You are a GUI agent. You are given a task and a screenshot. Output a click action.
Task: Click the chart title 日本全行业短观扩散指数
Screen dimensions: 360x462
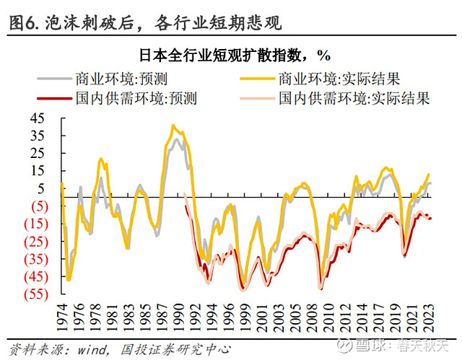click(x=229, y=55)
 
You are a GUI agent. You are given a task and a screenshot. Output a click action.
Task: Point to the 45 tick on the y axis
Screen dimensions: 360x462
click(x=38, y=118)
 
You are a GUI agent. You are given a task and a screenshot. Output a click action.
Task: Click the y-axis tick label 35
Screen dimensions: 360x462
click(x=38, y=136)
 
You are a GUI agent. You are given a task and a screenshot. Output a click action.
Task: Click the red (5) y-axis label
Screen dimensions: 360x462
click(x=40, y=206)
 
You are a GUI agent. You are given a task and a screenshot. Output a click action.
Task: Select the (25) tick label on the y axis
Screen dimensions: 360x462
click(x=38, y=241)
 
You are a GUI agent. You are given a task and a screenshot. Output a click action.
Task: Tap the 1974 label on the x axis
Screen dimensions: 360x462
click(x=62, y=315)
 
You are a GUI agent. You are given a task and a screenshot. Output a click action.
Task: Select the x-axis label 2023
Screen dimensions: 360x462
click(x=430, y=315)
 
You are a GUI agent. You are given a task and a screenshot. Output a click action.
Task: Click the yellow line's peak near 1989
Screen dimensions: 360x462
click(x=172, y=125)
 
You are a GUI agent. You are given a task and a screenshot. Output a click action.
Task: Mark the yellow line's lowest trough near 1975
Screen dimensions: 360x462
click(x=69, y=280)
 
